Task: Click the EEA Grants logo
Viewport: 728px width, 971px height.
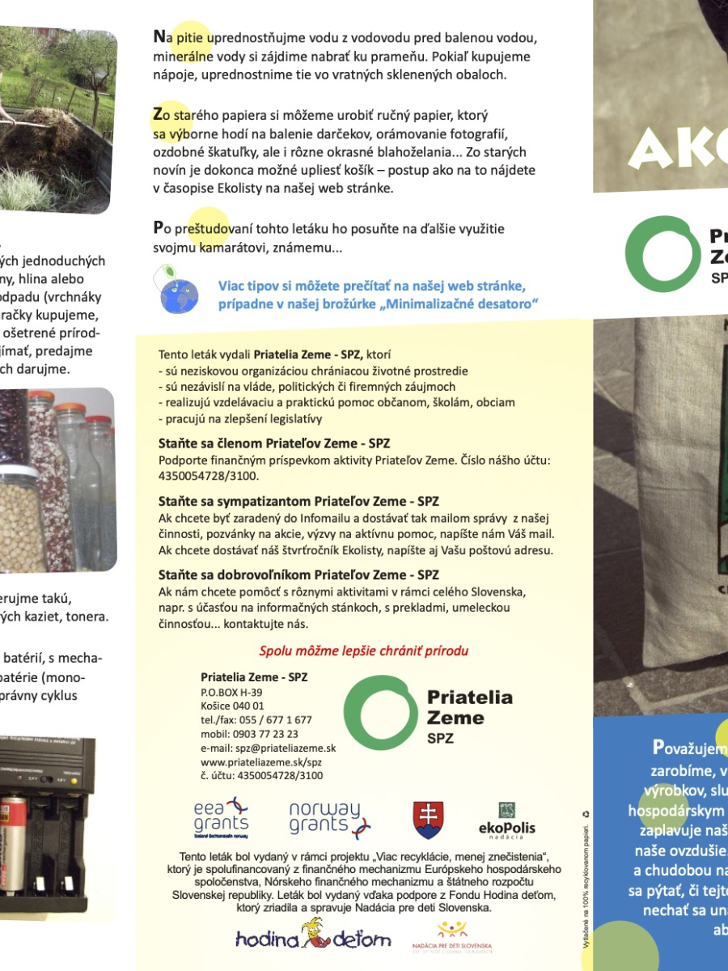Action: pos(221,818)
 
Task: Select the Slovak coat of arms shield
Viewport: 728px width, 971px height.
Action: pos(428,820)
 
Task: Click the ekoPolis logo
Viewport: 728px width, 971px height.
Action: pos(507,820)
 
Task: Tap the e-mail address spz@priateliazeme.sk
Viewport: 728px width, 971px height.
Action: pos(268,748)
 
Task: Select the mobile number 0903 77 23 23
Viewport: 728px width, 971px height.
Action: pos(249,734)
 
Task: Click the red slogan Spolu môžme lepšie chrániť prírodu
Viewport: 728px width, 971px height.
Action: pos(363,651)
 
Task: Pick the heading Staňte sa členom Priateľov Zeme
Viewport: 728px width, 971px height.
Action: pos(274,443)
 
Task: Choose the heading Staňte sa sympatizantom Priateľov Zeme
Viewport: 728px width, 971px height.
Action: pos(298,501)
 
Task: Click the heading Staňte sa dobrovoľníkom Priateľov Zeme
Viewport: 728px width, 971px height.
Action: pos(298,575)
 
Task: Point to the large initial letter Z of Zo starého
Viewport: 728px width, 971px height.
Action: pos(159,114)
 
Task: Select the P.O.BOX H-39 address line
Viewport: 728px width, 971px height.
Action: pos(231,693)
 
